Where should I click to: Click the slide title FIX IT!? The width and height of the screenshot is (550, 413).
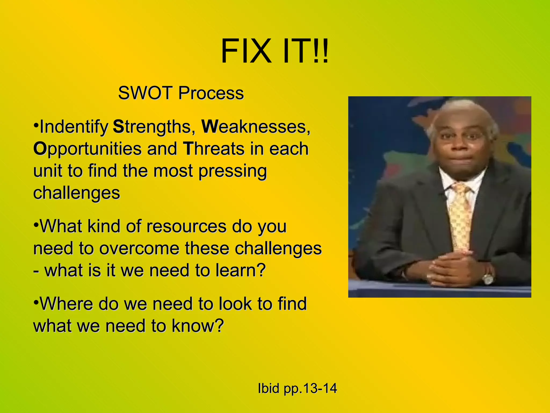coord(274,51)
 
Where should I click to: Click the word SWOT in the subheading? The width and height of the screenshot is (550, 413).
coord(145,93)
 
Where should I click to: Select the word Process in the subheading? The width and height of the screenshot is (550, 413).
coord(211,93)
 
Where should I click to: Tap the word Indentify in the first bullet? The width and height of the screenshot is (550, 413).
coord(74,127)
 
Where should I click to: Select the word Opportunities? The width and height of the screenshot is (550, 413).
coord(87,149)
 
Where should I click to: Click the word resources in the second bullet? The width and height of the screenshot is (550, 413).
coord(186,226)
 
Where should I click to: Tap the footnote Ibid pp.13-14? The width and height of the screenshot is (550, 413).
coord(297,388)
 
